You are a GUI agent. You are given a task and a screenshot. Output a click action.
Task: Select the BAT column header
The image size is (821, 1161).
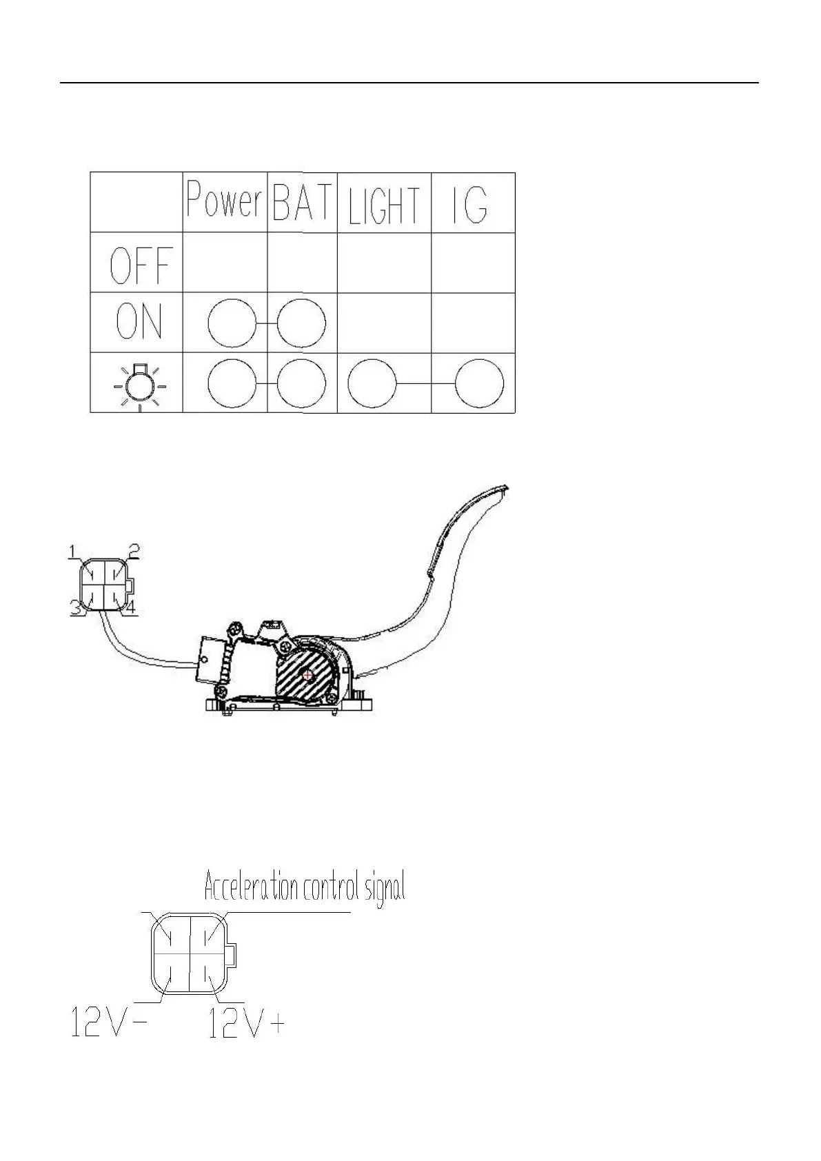(x=302, y=202)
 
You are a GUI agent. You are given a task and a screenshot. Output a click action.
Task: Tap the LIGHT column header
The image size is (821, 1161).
(x=384, y=205)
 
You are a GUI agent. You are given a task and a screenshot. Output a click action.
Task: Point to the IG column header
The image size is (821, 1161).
(x=471, y=203)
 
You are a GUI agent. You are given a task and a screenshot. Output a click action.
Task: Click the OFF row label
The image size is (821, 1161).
(x=141, y=265)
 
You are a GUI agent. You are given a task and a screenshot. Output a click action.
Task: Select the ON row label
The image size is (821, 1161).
(x=139, y=322)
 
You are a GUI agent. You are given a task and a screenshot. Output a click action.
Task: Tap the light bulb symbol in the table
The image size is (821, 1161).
(x=140, y=384)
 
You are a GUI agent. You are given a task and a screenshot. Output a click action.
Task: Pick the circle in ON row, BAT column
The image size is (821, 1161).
(x=302, y=323)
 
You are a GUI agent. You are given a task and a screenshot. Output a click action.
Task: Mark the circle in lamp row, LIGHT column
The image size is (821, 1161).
(x=372, y=383)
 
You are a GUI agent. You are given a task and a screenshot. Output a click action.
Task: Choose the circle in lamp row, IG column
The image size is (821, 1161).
(x=479, y=383)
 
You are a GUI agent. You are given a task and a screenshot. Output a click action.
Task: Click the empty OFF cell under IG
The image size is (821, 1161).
(x=473, y=263)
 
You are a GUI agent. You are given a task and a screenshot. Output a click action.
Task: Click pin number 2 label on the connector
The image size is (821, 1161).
(x=134, y=549)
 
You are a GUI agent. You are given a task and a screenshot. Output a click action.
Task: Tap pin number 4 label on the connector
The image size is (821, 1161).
(x=131, y=607)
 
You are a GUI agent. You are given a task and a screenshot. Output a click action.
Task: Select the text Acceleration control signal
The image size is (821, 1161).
(x=304, y=887)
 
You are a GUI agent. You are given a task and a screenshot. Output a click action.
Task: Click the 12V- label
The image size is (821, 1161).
(x=109, y=1022)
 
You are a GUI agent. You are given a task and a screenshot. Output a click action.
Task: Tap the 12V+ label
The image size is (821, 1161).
(x=246, y=1022)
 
